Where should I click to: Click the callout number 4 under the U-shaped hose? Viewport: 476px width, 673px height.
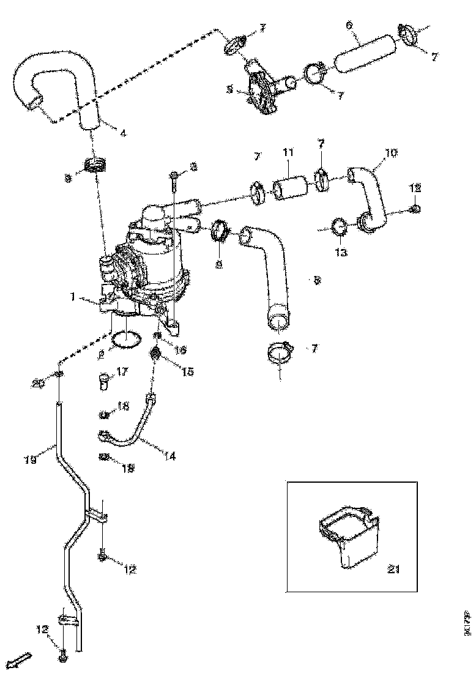tap(124, 133)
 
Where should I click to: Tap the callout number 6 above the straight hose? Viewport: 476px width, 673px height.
tap(349, 25)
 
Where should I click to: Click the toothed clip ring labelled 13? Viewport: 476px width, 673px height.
tap(340, 228)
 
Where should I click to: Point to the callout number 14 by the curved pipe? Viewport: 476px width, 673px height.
tap(169, 455)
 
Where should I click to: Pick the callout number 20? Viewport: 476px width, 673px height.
tap(39, 384)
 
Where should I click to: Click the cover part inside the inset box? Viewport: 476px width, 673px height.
tap(349, 535)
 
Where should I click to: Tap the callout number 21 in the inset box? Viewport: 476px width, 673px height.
tap(393, 570)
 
